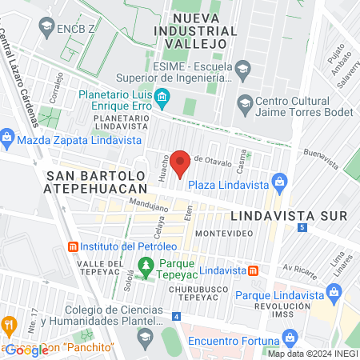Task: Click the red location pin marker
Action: coord(180,162)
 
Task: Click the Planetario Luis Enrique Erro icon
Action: coord(162,99)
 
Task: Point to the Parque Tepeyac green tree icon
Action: coord(146,265)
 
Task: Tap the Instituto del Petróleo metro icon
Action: coord(74,246)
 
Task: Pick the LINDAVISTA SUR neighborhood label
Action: coord(288,216)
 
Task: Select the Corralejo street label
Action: coord(56,88)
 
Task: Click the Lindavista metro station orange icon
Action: coord(254,271)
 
